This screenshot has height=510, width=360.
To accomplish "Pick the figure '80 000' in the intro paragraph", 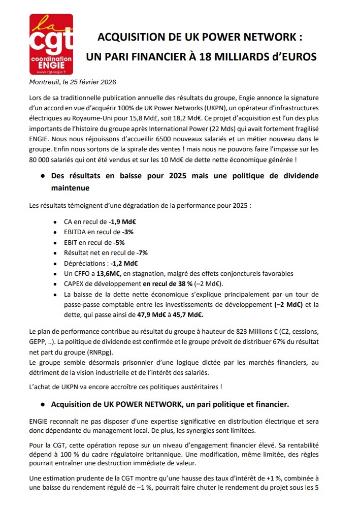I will pos(41,160).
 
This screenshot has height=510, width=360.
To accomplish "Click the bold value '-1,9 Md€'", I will pos(123,222).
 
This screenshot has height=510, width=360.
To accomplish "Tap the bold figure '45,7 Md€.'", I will pos(179,314).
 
